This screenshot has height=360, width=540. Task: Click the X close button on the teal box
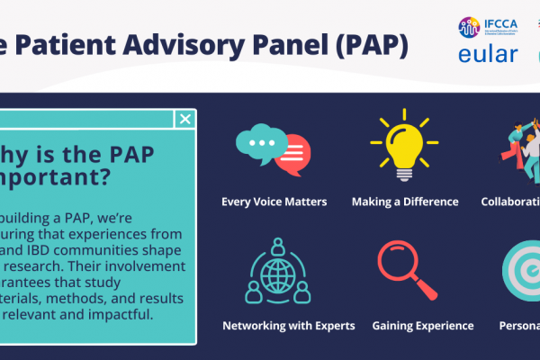[184, 119]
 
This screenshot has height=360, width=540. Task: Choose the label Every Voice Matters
[274, 202]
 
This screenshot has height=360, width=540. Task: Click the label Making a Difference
[404, 202]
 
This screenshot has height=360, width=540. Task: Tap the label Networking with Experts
[288, 325]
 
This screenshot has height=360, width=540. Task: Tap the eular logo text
[489, 55]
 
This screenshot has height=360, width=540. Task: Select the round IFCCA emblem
[469, 27]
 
